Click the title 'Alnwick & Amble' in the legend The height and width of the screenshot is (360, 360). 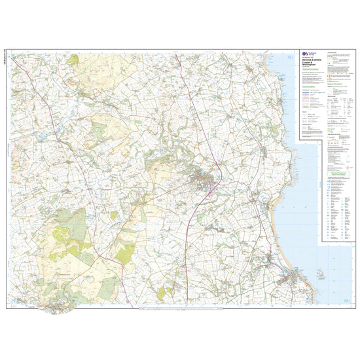click(312, 60)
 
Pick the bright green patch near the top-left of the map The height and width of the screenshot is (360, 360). click(73, 60)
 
